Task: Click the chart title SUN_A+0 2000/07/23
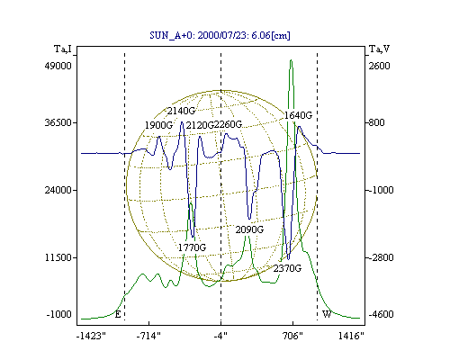pos(220,35)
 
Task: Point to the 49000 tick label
pos(58,66)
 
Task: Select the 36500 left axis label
pos(58,122)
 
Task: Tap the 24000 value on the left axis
pos(58,190)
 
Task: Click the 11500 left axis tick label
pos(58,257)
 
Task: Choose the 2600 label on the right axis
pos(379,66)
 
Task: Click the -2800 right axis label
pos(381,257)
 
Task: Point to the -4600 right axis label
pos(381,314)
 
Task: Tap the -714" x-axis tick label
pos(148,336)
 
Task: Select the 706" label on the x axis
pos(292,336)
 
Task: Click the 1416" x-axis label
pos(351,336)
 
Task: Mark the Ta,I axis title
pos(63,49)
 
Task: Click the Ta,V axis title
pos(379,49)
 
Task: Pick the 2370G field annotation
pos(287,268)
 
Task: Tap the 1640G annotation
pos(298,115)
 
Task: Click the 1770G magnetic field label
pos(192,247)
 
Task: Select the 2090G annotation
pos(249,229)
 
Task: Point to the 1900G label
pos(158,125)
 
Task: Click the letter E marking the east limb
pos(118,314)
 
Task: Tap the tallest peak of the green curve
pos(291,60)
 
